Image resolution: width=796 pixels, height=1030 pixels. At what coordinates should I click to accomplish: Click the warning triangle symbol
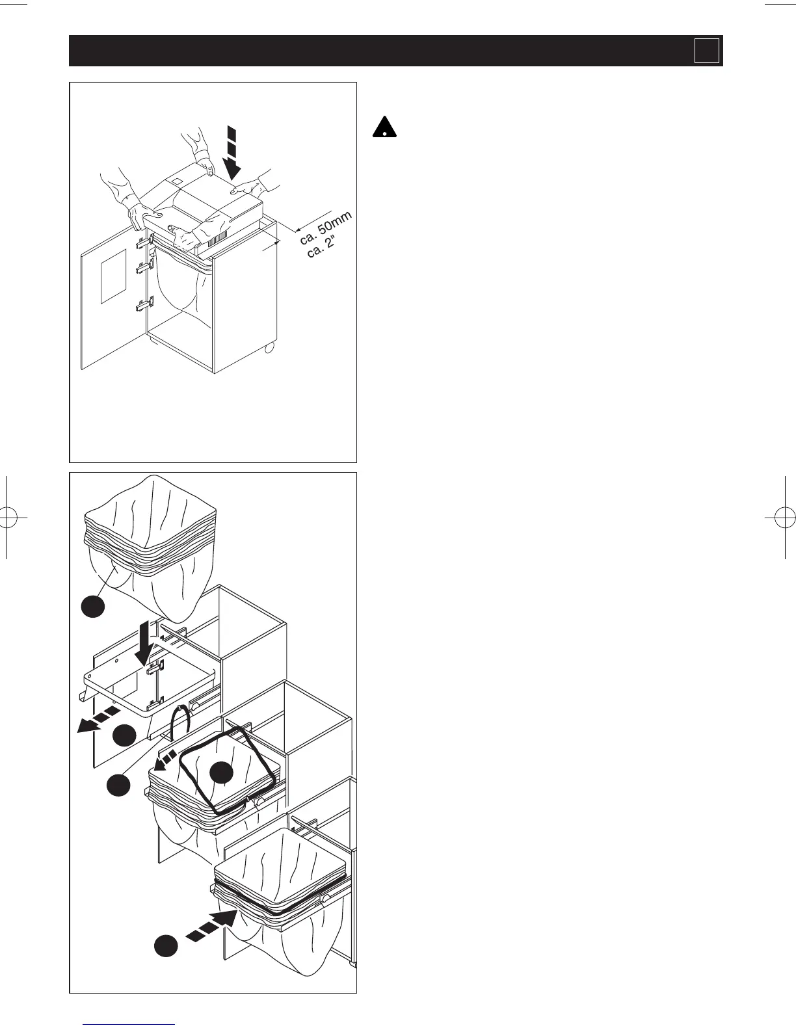[385, 127]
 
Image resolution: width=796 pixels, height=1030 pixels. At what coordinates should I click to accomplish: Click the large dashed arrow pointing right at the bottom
[211, 927]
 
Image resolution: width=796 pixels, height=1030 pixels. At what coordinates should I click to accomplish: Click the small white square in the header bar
[706, 51]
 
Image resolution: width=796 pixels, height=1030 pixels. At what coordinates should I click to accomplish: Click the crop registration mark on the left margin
[7, 518]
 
